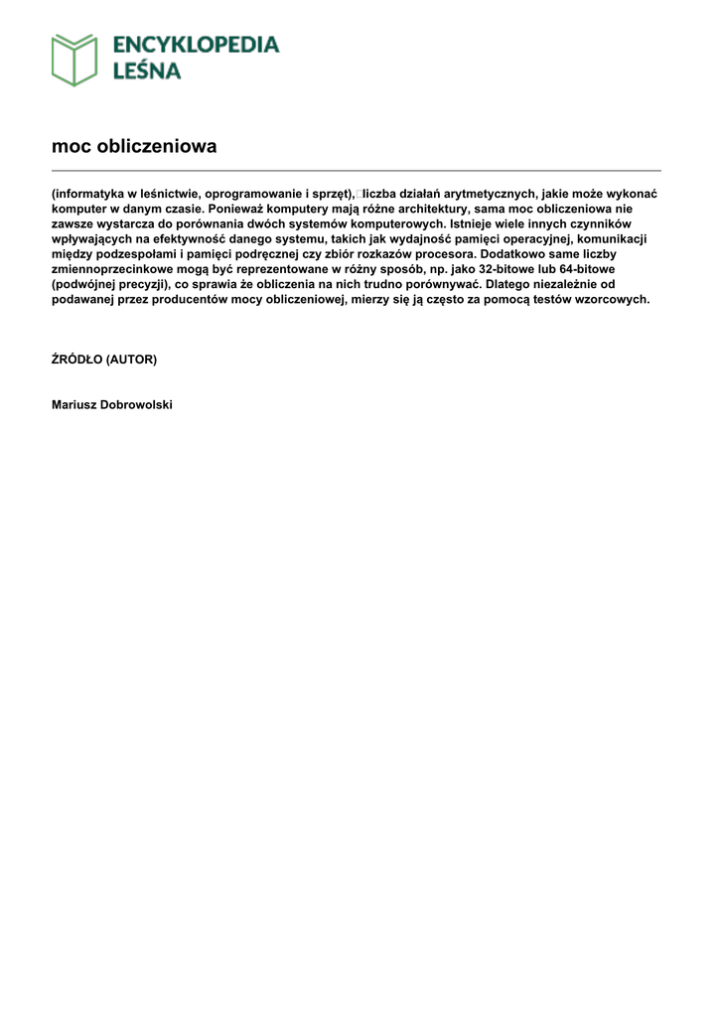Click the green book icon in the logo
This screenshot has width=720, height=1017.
pos(74,59)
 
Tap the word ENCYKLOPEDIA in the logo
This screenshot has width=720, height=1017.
pos(196,45)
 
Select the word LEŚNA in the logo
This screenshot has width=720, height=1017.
pos(147,71)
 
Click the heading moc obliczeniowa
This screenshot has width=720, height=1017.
pos(134,146)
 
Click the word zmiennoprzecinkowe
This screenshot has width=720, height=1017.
pos(112,269)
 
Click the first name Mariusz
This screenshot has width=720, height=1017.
pos(73,405)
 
